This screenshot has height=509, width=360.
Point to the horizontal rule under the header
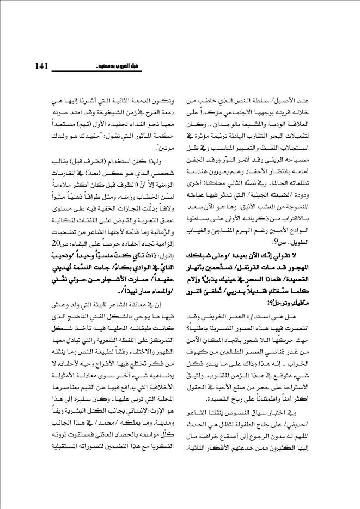pos(180,72)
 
